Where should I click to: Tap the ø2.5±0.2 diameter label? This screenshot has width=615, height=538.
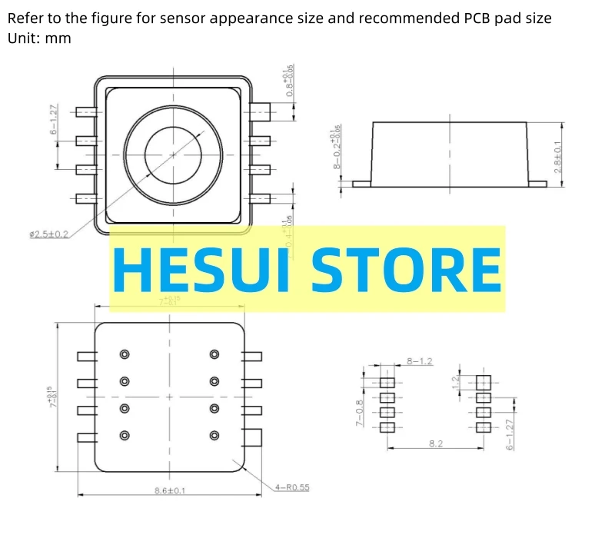coord(48,234)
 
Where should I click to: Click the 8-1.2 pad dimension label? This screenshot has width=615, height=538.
coord(419,360)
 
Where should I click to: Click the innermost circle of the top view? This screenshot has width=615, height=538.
coord(173,155)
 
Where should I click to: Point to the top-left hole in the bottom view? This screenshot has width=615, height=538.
coord(125,354)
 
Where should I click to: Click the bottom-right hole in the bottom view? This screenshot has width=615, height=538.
coord(214,436)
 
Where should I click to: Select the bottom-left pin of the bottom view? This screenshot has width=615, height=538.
coord(86,437)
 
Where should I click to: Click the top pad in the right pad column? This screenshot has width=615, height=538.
coord(483,382)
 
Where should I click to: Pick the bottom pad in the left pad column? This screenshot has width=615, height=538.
coord(387,427)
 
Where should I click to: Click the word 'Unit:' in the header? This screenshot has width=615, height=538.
coord(24,38)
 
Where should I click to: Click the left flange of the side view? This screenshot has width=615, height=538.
coord(362,184)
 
